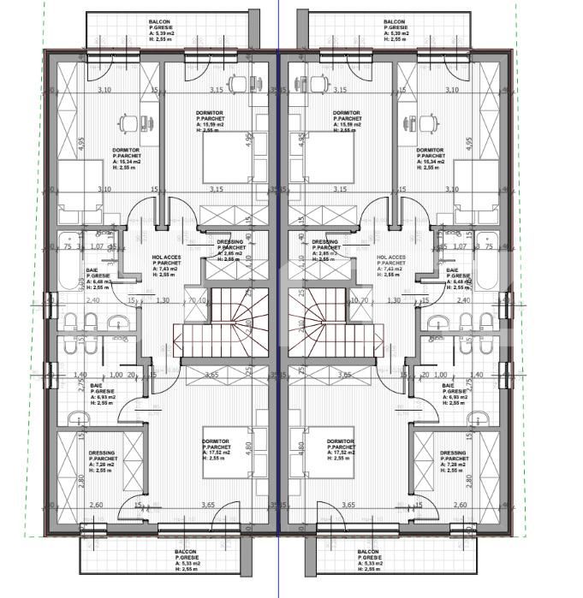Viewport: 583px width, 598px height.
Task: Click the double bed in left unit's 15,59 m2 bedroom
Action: (x=226, y=161)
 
